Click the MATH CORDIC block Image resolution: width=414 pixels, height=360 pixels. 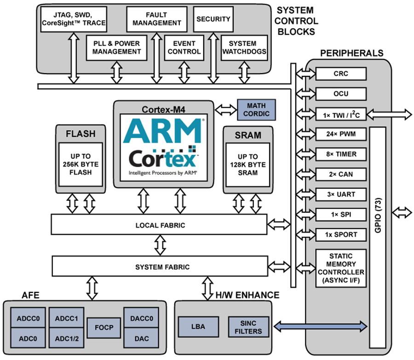[x=256, y=110]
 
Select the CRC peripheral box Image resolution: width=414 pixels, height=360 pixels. [x=340, y=74]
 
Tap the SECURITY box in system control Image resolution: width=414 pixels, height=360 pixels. [x=213, y=19]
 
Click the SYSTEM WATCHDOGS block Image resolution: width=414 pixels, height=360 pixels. [x=244, y=47]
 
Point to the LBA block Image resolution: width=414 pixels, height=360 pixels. [x=199, y=327]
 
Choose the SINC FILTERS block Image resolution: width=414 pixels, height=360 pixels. [x=251, y=327]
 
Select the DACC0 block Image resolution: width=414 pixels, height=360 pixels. [x=138, y=318]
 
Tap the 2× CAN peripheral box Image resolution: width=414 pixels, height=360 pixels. [x=340, y=174]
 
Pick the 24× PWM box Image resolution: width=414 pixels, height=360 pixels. [x=340, y=134]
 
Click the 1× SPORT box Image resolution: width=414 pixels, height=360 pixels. [x=340, y=234]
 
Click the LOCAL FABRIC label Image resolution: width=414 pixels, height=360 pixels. [x=160, y=225]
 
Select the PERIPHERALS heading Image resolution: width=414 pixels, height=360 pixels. [x=352, y=53]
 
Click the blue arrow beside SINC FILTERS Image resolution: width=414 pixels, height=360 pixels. [x=321, y=326]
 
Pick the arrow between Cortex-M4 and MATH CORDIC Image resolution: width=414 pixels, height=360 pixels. [x=226, y=110]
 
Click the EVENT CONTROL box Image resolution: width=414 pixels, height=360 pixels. [x=184, y=47]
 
